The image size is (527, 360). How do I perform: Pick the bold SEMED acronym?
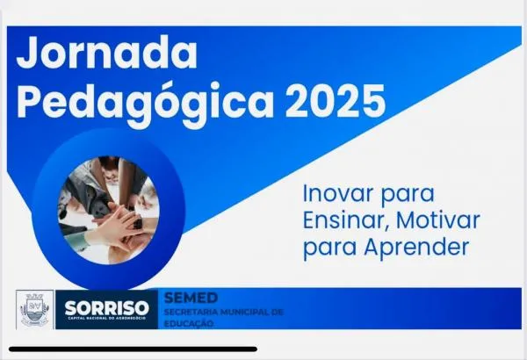[190, 299]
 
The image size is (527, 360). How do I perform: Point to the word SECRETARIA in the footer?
[193, 313]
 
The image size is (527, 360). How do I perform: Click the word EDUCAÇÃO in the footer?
[188, 322]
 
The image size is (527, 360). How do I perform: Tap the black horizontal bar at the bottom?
[132, 349]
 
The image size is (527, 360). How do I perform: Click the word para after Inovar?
[406, 191]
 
